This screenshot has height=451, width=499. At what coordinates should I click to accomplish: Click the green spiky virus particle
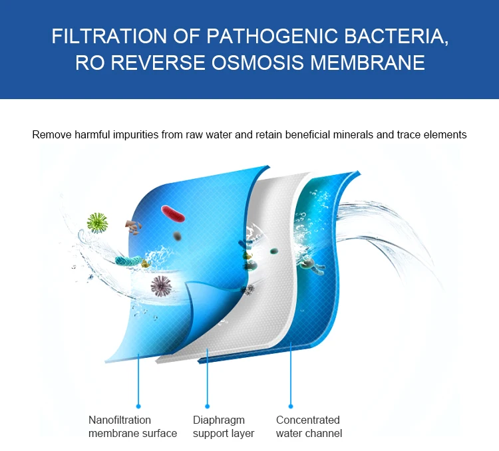click(x=98, y=222)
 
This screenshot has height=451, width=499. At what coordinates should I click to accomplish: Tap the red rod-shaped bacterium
click(x=172, y=214)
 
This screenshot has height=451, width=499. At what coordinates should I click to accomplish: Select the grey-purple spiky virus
click(x=160, y=286)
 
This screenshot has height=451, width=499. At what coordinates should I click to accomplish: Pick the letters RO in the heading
click(x=88, y=63)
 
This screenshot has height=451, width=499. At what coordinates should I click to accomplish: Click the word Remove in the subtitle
click(x=51, y=134)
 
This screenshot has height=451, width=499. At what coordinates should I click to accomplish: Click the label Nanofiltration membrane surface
click(x=132, y=426)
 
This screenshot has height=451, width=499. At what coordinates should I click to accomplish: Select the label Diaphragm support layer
click(x=224, y=426)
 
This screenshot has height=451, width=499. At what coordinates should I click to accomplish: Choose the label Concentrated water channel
click(x=309, y=426)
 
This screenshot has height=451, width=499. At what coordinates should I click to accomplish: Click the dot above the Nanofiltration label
click(x=138, y=405)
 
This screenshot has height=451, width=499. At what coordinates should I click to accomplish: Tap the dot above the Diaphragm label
click(x=207, y=405)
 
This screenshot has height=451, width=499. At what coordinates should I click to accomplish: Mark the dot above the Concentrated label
click(x=291, y=405)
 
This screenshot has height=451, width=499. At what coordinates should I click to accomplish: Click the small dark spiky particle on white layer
click(x=250, y=289)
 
